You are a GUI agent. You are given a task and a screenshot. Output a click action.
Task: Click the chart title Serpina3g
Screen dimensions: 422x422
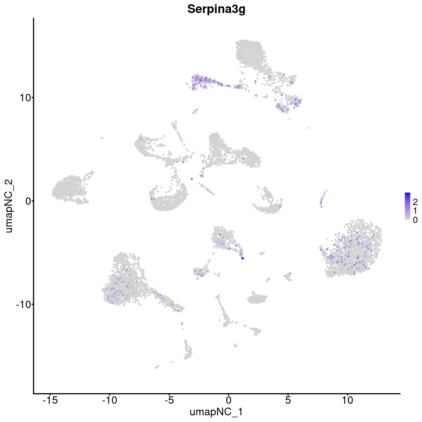click(x=216, y=9)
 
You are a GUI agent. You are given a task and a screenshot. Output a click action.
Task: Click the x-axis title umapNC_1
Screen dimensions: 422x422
click(x=216, y=412)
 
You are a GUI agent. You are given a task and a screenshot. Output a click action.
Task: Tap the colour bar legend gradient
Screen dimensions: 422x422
click(x=408, y=206)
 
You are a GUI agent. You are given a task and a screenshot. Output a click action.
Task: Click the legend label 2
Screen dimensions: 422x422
click(x=415, y=202)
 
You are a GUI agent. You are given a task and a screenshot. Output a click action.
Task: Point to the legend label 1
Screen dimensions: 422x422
click(x=415, y=211)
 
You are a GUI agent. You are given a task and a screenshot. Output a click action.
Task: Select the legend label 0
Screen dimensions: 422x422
click(x=415, y=220)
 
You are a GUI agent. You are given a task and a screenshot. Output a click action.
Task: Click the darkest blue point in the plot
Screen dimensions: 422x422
click(x=243, y=258)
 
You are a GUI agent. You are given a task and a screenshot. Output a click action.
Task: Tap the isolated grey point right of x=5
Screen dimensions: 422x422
click(x=309, y=128)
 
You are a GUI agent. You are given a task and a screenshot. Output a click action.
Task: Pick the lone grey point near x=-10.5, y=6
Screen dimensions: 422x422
click(x=102, y=138)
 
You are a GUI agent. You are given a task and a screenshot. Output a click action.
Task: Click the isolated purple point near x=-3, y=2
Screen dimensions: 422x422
click(x=192, y=179)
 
